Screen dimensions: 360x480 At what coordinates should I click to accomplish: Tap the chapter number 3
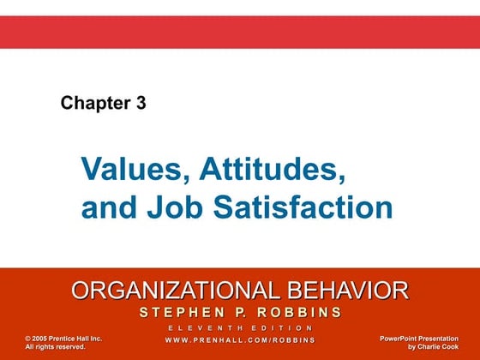[x=141, y=104]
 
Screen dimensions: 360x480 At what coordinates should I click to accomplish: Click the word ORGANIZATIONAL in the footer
[x=171, y=290]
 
